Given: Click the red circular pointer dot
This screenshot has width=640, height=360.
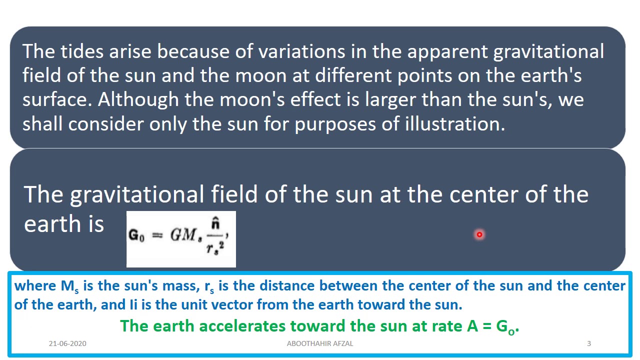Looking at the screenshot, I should [x=479, y=234].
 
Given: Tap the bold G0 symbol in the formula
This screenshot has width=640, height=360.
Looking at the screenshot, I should [x=136, y=235].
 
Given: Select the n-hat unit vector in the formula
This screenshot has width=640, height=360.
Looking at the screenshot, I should [x=215, y=223].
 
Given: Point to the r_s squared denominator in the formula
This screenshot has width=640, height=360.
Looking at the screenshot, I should [x=215, y=246].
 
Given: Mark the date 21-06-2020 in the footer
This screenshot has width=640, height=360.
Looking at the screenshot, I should [x=67, y=343].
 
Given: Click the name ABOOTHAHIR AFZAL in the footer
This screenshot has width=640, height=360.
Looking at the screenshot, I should [x=320, y=343].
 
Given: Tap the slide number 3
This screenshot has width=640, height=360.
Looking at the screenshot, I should [x=589, y=343].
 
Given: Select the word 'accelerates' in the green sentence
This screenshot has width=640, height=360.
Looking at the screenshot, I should [x=238, y=326].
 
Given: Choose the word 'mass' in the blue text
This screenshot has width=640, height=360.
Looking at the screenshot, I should [x=178, y=286].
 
